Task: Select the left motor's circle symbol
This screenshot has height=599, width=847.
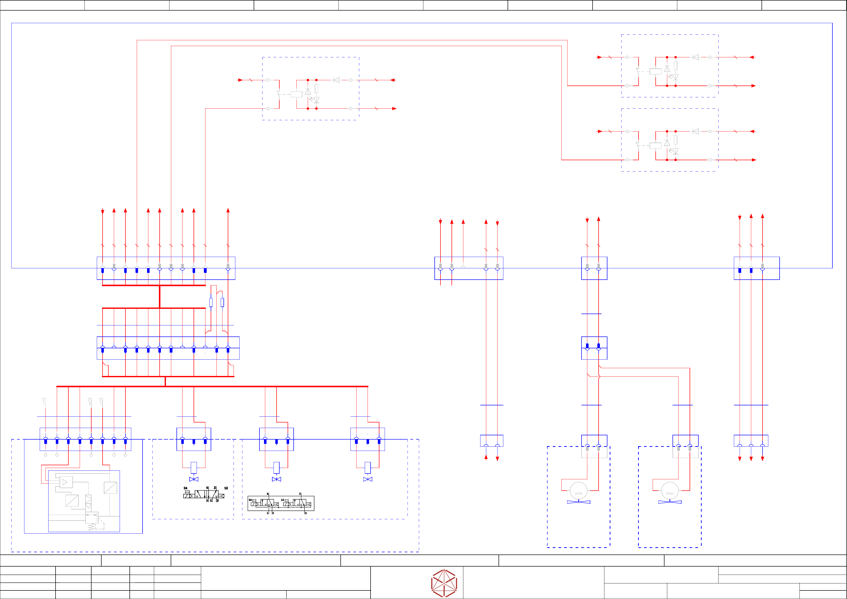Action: (x=578, y=491)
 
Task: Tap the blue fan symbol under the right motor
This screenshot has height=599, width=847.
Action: (x=670, y=502)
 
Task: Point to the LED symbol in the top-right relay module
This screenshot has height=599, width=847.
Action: (x=676, y=77)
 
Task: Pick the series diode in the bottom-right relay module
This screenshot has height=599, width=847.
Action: (x=696, y=131)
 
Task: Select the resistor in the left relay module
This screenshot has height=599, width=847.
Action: (x=316, y=89)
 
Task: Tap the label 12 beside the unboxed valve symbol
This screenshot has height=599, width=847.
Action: (x=226, y=488)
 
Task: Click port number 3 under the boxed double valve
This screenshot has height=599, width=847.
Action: (x=305, y=513)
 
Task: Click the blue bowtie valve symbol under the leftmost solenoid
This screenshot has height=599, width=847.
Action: (x=194, y=479)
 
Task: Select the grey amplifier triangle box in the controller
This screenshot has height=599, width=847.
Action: (x=66, y=482)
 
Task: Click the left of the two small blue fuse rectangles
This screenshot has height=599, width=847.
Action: (x=211, y=302)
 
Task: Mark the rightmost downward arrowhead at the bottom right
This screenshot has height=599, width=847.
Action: (x=763, y=459)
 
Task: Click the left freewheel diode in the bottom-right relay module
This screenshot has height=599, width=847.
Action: (x=667, y=143)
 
